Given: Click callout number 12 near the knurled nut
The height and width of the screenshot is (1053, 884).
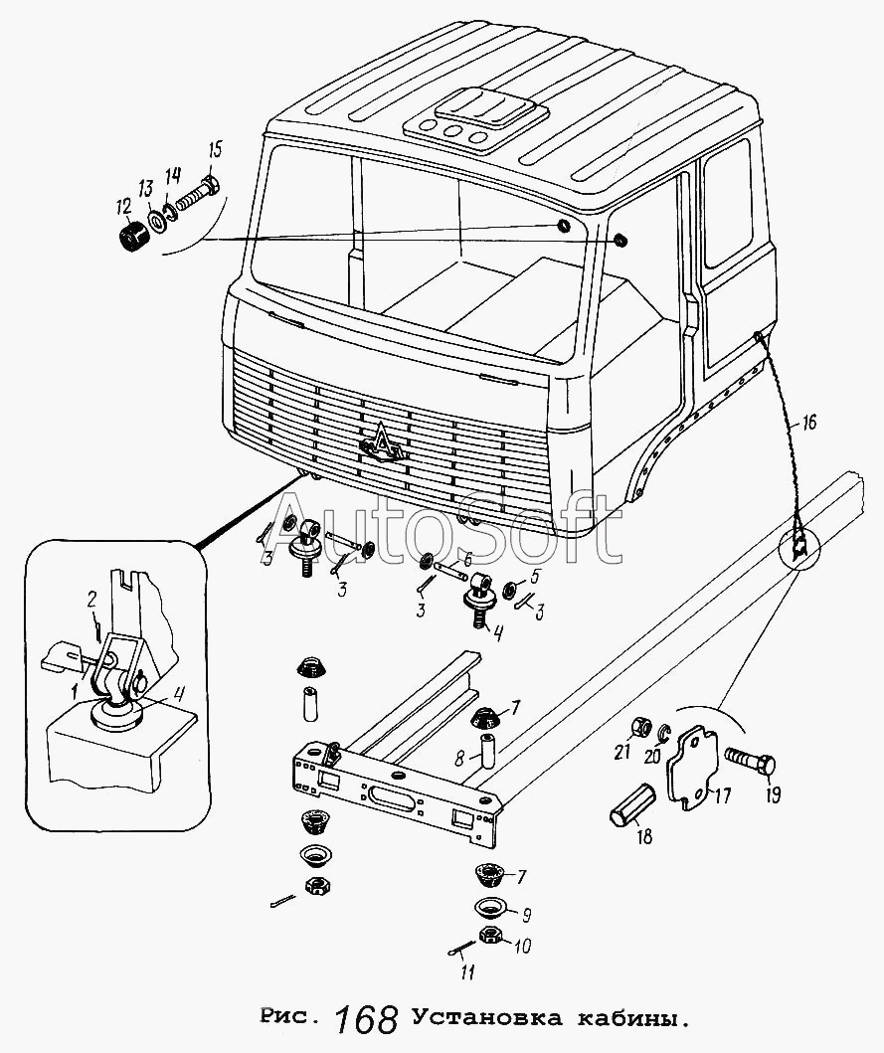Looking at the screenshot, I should coord(122,208).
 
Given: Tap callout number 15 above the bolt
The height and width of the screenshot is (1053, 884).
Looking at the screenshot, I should coord(215,151).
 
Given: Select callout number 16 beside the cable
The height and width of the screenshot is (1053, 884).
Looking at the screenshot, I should coord(808,424).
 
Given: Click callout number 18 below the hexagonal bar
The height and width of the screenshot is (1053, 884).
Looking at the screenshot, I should coord(644,836).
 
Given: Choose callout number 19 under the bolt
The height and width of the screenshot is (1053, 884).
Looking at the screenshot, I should coord(772,793).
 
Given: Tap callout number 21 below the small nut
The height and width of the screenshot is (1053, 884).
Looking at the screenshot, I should coord(622,753).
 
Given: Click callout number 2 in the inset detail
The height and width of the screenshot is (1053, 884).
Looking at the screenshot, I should coord(91,599).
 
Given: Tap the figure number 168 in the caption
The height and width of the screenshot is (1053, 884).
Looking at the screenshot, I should coord(367,1020).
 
